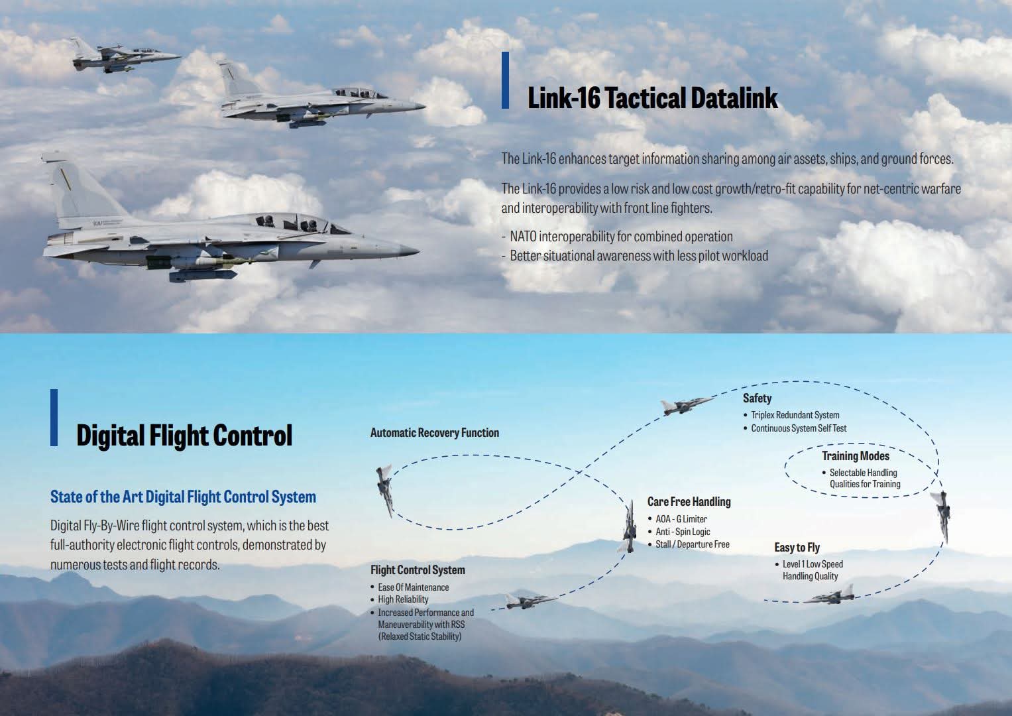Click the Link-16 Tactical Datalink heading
click(652, 98)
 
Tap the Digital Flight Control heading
click(184, 436)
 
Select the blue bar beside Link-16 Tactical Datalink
click(505, 80)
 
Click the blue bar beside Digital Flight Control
click(54, 418)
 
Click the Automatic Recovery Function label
click(434, 433)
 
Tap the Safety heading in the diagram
click(757, 398)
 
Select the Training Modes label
click(856, 456)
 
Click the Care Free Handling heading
click(689, 502)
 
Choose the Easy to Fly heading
click(797, 548)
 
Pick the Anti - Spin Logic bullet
click(683, 532)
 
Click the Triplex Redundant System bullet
click(795, 415)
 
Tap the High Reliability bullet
click(403, 599)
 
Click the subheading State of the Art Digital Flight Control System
click(183, 497)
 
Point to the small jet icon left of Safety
click(686, 404)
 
